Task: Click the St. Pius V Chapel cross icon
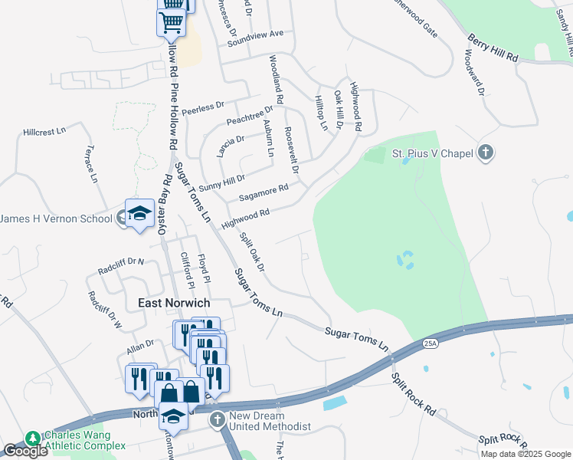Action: [x=485, y=153]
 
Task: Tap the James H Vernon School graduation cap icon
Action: [x=139, y=216]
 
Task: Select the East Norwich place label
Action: [x=174, y=303]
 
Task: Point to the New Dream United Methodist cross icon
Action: [x=218, y=419]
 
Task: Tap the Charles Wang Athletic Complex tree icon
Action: [x=32, y=439]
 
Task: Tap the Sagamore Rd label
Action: [x=264, y=192]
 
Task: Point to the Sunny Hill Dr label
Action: [x=221, y=182]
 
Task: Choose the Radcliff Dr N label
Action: [x=121, y=266]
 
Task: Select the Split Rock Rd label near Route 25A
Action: [x=413, y=394]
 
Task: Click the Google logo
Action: [x=25, y=451]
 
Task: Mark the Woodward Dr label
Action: [x=474, y=74]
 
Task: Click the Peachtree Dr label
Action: [x=250, y=117]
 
